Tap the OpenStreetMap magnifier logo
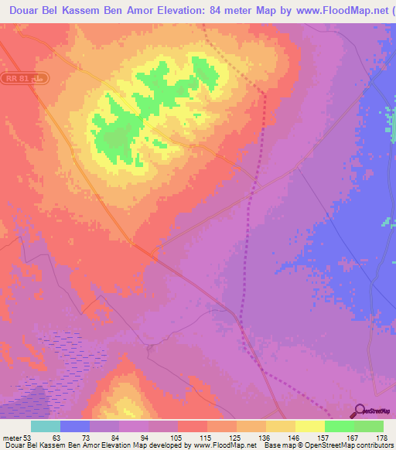pyautogui.click(x=359, y=411)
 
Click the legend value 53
pyautogui.click(x=29, y=437)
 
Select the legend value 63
pyautogui.click(x=56, y=437)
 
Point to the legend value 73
pyautogui.click(x=85, y=437)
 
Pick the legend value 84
pyautogui.click(x=114, y=437)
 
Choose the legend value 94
pyautogui.click(x=144, y=437)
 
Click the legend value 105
pyautogui.click(x=173, y=437)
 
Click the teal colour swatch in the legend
pyautogui.click(x=46, y=426)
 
